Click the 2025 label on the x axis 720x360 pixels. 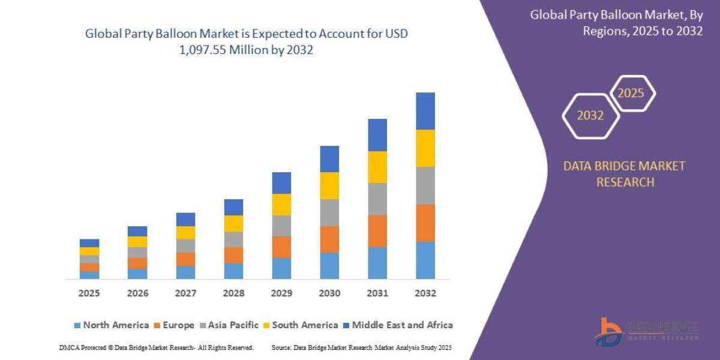click(x=89, y=293)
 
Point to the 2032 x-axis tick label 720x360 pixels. click(x=425, y=293)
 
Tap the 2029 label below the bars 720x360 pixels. click(x=281, y=293)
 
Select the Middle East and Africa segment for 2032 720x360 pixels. click(x=425, y=111)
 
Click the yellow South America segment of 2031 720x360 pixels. click(x=377, y=167)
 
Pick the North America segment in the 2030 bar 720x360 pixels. click(x=329, y=265)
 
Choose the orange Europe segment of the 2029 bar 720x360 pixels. click(x=281, y=247)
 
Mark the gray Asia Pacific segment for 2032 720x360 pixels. click(x=425, y=185)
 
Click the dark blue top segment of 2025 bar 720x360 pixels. click(x=89, y=243)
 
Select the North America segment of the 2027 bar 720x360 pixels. click(x=185, y=272)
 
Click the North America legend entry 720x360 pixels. click(x=111, y=325)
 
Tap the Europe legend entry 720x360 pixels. click(x=174, y=325)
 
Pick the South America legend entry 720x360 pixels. click(x=300, y=325)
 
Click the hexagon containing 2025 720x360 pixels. click(x=631, y=94)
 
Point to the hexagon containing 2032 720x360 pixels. click(x=590, y=116)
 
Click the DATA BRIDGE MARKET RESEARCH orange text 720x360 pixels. click(x=623, y=174)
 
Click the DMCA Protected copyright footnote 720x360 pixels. click(x=157, y=347)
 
